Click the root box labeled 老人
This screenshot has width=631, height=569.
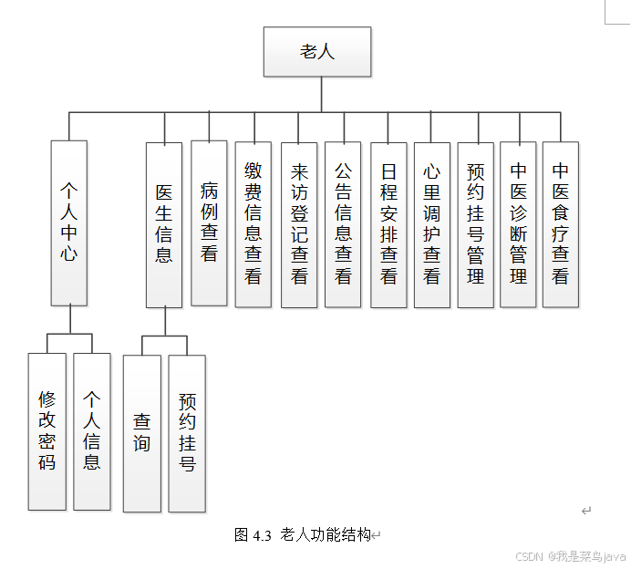[317, 51]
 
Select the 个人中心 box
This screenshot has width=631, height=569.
[69, 222]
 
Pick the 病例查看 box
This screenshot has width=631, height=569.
[209, 222]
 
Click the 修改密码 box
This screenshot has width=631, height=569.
[47, 431]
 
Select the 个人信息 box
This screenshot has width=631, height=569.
[91, 431]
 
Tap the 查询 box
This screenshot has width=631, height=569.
[141, 433]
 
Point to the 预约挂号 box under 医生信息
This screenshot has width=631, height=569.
[187, 433]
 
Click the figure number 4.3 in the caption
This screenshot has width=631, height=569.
[263, 535]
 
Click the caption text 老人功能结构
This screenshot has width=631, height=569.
[326, 535]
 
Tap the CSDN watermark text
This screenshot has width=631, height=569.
[529, 556]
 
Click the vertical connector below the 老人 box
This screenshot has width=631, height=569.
[321, 94]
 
